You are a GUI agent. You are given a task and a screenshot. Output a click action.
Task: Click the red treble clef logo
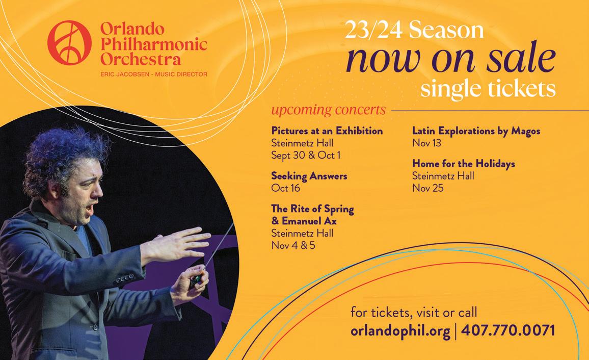69,43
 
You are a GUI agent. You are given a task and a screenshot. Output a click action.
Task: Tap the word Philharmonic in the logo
154,44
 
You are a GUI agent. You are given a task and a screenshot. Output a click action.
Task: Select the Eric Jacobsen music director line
154,74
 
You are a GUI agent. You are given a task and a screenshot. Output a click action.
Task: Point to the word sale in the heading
521,58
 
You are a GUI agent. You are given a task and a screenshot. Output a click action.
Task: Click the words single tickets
488,89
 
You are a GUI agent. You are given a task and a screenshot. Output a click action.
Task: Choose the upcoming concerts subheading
328,110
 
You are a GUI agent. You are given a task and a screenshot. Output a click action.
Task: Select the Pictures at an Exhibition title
327,131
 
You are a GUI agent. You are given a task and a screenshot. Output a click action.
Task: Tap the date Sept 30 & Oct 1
306,155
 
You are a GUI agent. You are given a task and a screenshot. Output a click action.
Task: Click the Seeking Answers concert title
309,176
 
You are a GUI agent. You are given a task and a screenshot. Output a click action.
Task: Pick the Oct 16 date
285,188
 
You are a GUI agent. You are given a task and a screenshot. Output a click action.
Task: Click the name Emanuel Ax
309,221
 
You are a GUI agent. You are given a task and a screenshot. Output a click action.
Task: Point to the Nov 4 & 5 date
293,245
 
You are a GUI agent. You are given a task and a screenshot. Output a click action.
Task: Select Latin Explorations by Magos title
476,131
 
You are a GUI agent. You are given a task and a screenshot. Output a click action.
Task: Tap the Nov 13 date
427,143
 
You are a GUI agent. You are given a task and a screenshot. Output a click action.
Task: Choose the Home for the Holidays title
464,164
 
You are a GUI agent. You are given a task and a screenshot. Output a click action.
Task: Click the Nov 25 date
428,188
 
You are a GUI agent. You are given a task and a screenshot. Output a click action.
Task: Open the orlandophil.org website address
400,331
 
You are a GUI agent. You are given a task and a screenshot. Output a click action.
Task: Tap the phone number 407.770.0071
507,330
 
